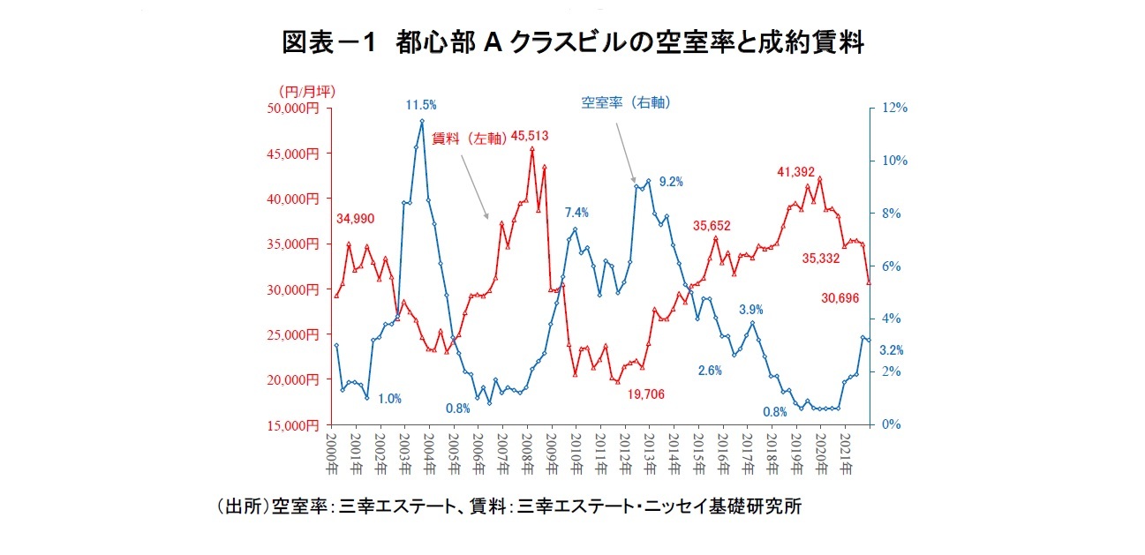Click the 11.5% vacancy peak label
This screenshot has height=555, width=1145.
pos(421,105)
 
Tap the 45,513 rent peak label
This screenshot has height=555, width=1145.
pos(530,136)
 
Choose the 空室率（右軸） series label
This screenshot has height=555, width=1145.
pos(626,102)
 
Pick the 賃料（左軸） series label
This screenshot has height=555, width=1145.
pos(470,138)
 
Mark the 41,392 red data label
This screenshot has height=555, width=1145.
pos(796,172)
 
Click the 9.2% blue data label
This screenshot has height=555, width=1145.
pos(671,183)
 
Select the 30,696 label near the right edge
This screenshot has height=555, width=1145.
pos(840,299)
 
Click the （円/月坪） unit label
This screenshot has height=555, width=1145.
pos(305,91)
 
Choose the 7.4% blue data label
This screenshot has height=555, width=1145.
pos(576,213)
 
